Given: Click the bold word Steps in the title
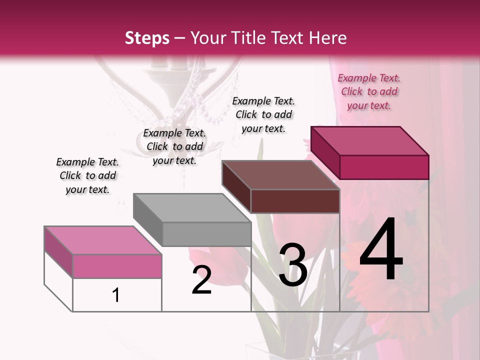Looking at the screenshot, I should click(147, 38).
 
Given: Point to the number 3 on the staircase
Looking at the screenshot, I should click(292, 264).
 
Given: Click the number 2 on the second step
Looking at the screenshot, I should click(201, 280).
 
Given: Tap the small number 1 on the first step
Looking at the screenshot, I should click(116, 295).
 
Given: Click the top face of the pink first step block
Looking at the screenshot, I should click(102, 240).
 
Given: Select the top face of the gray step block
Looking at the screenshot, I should click(192, 207).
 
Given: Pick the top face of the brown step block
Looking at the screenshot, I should click(280, 175).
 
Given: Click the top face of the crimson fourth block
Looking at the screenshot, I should click(369, 140).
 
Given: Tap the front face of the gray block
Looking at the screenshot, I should click(206, 234).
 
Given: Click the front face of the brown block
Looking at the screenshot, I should click(295, 201).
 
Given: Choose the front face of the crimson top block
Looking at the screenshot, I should click(384, 167).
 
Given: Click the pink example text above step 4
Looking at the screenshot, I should click(369, 91).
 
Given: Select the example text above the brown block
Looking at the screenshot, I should click(263, 114).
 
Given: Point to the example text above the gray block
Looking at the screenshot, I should click(174, 146).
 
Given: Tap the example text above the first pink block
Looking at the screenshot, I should click(87, 175).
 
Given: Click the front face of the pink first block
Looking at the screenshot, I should click(117, 266).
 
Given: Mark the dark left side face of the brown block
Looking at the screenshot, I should click(236, 186).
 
